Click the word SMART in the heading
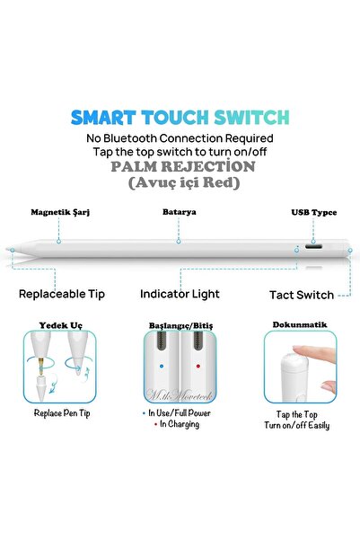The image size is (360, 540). [x=103, y=118]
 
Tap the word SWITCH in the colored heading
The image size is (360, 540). [x=251, y=118]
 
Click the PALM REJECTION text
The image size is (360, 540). [x=183, y=167]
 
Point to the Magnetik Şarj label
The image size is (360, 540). [x=60, y=212]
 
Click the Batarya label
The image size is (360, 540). [x=180, y=212]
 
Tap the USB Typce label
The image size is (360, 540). [x=314, y=213]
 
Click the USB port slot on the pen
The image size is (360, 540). [x=313, y=247]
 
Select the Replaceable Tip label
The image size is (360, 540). [x=62, y=294]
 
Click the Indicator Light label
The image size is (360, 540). [x=180, y=294]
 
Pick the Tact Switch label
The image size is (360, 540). [x=302, y=295]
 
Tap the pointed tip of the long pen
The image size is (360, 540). [x=7, y=248]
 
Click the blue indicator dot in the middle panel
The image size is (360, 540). [x=162, y=366]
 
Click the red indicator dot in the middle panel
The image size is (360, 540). [x=198, y=366]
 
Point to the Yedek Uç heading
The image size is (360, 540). [x=60, y=325]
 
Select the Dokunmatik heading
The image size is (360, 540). [x=300, y=324]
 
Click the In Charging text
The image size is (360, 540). [x=180, y=424]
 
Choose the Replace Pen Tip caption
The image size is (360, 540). [x=62, y=413]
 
